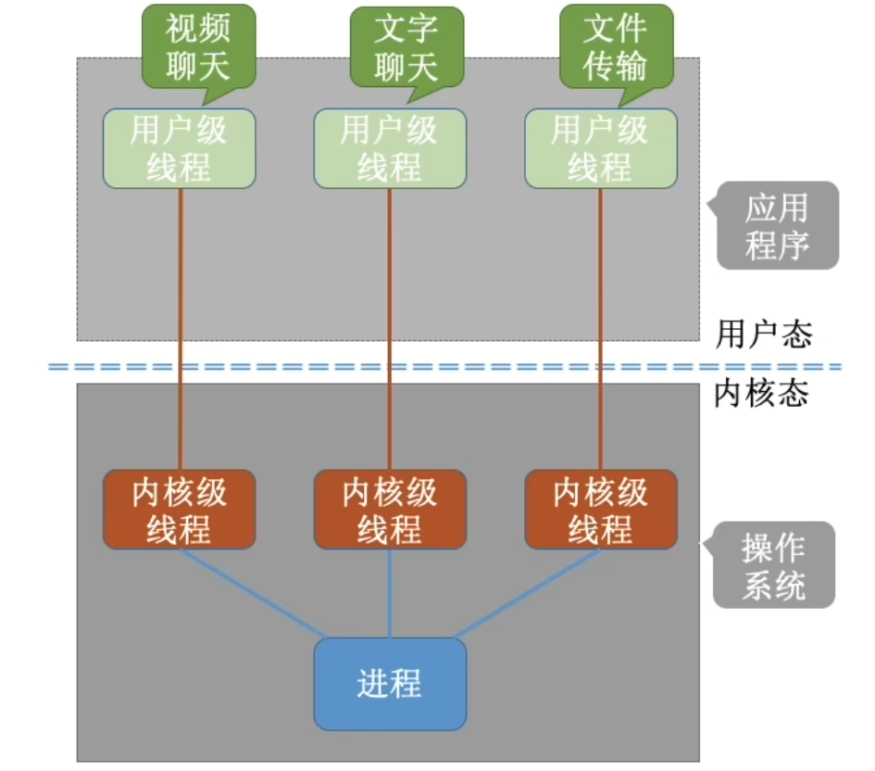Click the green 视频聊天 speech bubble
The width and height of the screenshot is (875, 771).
197,47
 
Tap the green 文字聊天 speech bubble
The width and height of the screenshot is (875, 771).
405,47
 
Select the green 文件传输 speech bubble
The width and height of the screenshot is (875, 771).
615,47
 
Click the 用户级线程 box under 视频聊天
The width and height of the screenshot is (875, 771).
179,148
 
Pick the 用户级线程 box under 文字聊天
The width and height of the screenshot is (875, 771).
389,148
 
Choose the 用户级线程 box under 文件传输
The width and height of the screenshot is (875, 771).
600,148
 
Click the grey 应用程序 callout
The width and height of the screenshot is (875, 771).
777,225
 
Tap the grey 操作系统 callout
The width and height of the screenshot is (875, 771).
774,565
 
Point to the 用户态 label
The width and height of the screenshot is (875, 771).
763,335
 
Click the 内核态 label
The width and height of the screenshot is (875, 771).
762,394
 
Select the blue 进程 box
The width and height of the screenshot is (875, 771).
389,684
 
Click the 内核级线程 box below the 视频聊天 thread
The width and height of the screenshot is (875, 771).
179,510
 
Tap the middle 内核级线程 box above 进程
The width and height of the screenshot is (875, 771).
389,510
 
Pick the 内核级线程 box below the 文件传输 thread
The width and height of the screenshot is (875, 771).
600,510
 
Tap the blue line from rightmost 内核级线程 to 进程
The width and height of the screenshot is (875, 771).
528,593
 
